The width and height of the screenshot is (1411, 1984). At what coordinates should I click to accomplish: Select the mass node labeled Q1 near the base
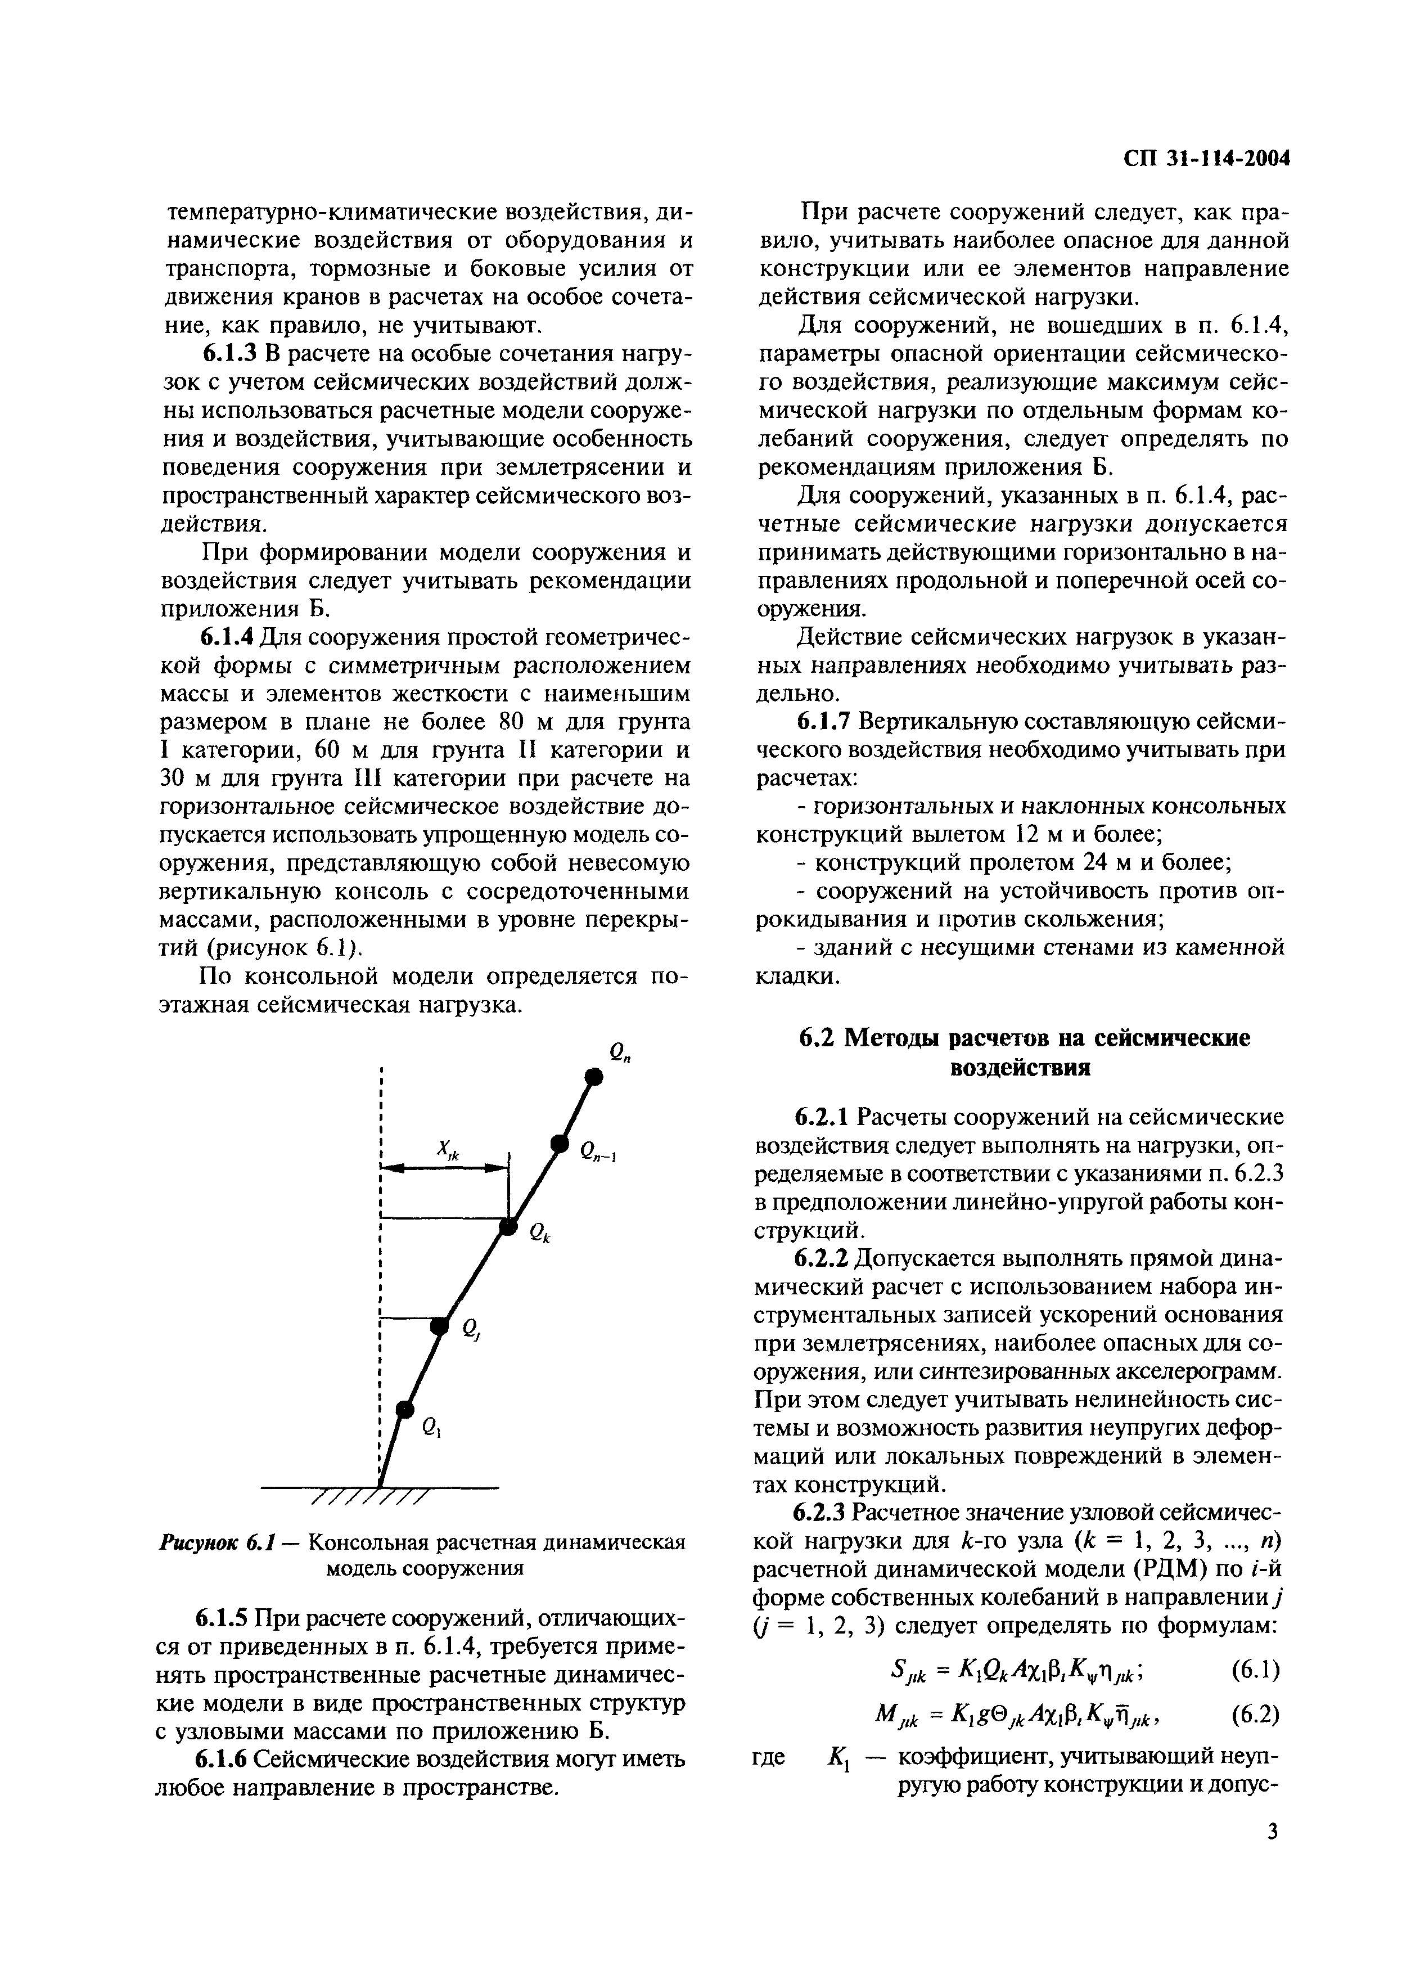402,1409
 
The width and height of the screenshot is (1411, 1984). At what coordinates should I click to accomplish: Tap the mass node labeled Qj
440,1325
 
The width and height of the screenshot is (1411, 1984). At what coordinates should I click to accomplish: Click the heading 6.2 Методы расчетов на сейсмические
1024,1038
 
